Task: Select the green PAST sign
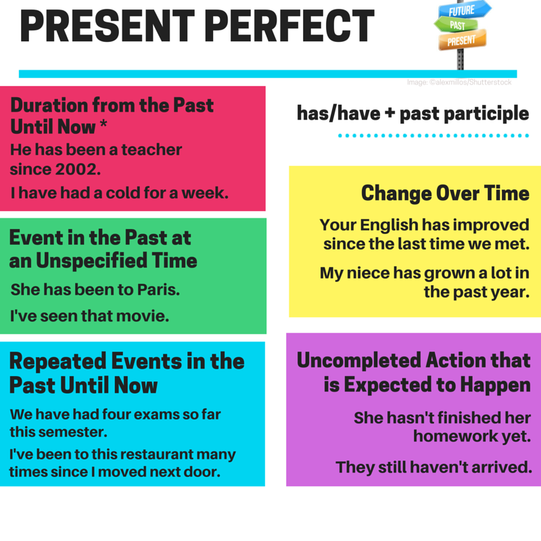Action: [458, 26]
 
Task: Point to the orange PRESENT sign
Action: [462, 41]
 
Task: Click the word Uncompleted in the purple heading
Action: [356, 360]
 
